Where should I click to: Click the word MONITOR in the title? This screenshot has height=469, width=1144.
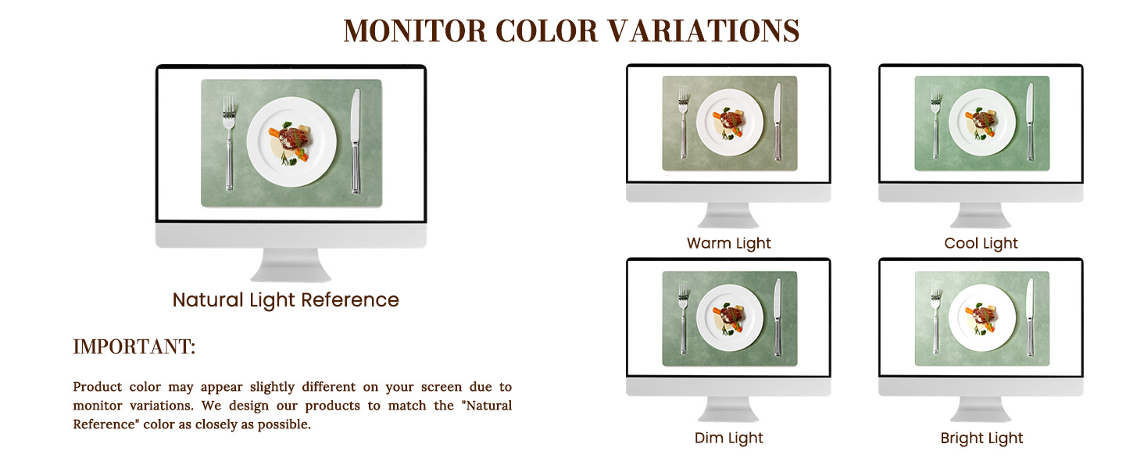point(415,30)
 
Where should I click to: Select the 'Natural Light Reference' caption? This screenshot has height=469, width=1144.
point(285,300)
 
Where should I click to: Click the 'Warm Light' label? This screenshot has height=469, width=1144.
point(729,243)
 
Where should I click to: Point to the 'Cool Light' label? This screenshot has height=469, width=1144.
point(981,243)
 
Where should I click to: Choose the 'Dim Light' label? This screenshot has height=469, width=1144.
point(729,438)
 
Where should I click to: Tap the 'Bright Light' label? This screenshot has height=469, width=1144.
point(981,438)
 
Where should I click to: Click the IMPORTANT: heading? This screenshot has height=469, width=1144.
point(134,347)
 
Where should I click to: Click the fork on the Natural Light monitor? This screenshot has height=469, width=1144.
point(229,144)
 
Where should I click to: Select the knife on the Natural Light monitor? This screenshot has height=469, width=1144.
point(356,141)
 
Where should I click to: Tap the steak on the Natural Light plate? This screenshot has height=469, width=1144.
point(295,138)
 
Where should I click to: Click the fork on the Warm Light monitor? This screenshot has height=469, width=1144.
point(683,124)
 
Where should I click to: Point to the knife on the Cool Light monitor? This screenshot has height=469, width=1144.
point(1030,122)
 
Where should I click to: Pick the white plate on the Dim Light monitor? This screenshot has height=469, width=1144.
point(730,318)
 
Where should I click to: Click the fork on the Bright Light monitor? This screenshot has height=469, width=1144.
point(935,319)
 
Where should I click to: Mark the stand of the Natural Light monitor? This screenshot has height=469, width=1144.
point(291,265)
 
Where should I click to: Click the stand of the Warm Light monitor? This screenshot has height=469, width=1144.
point(728,215)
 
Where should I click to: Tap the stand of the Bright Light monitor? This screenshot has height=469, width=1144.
point(981,410)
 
